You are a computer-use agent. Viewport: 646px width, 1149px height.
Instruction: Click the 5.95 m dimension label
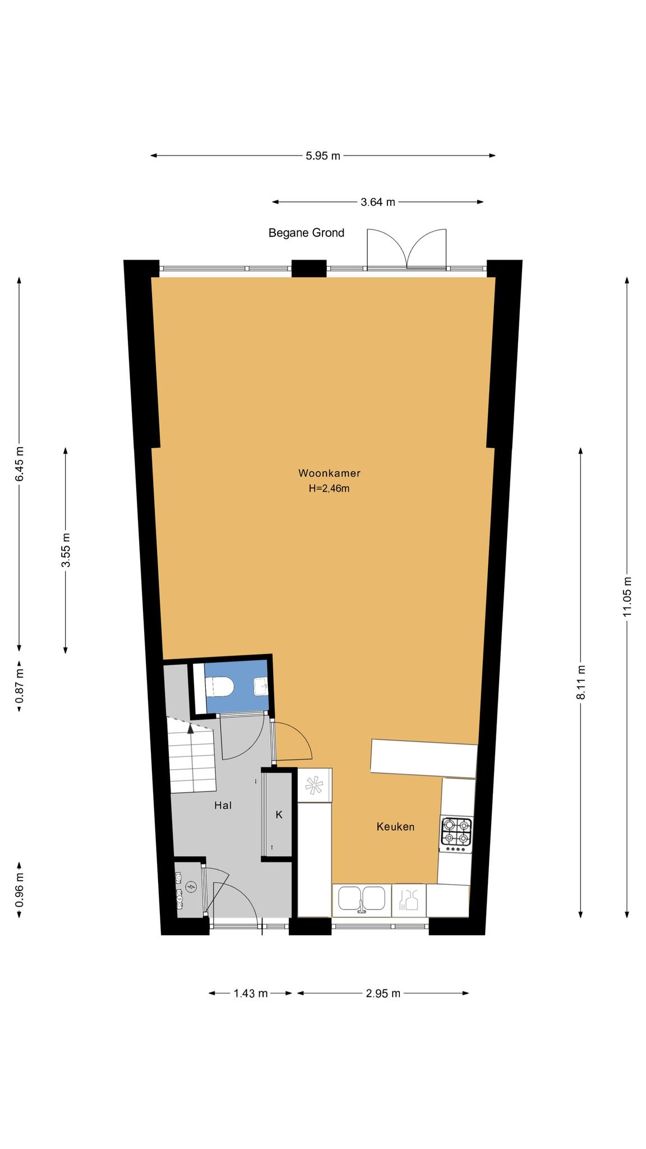[x=323, y=156]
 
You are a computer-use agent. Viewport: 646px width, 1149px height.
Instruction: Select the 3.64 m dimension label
[x=378, y=202]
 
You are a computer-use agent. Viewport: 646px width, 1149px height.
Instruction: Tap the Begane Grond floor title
[x=306, y=232]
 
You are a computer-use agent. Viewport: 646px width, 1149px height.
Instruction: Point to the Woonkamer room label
[x=329, y=473]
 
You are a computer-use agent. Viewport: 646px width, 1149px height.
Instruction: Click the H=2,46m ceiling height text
[x=329, y=489]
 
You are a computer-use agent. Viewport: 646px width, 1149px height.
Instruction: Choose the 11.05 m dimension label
[x=627, y=596]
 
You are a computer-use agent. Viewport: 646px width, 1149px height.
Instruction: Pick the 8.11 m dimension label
[x=581, y=682]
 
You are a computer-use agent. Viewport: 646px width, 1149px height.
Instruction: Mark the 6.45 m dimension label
[x=20, y=464]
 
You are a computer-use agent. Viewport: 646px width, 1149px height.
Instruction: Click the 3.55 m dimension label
[x=66, y=550]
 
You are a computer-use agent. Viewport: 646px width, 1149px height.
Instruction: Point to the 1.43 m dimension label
[x=251, y=994]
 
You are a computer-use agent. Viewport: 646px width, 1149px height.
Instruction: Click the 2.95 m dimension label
[x=383, y=994]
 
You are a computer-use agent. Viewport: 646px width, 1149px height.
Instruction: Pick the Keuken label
[x=395, y=826]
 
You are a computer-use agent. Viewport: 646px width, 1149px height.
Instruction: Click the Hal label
[x=223, y=806]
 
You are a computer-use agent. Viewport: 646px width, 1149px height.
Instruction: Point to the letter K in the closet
[x=279, y=815]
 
